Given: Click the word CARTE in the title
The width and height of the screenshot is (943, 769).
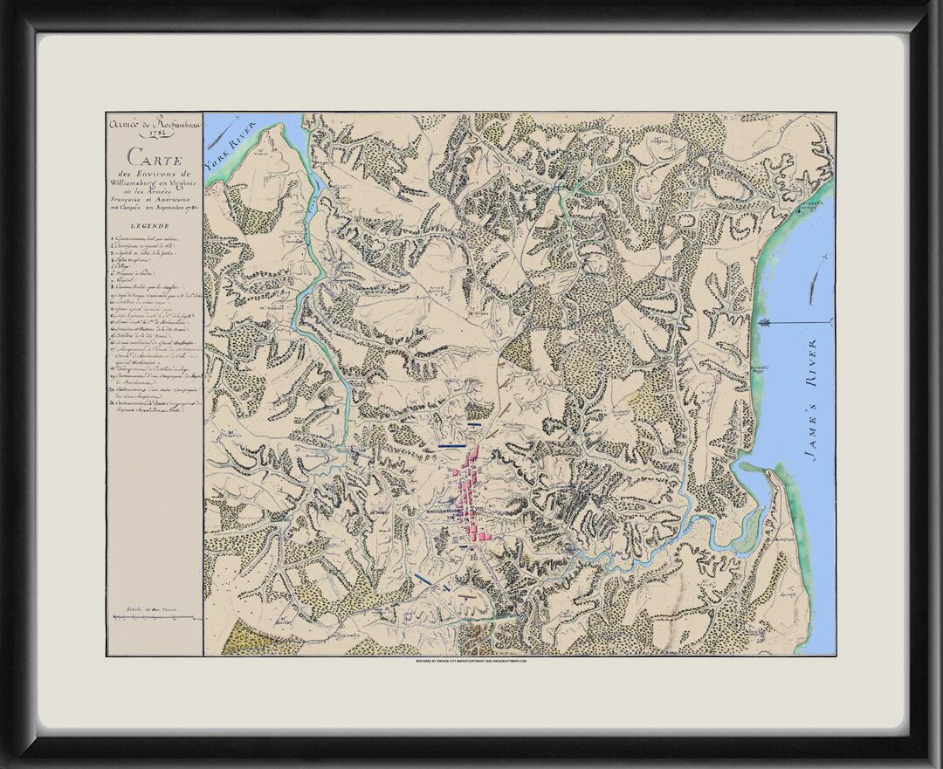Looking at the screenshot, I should click(x=155, y=158).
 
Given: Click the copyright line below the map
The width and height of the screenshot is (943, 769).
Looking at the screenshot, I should click(x=471, y=662).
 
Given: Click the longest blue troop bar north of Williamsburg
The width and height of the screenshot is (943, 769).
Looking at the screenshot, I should click(x=451, y=445).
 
